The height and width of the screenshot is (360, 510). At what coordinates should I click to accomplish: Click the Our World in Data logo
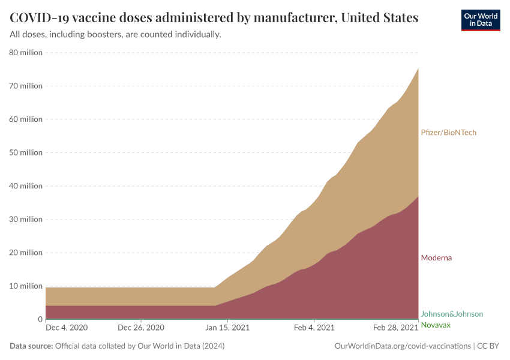pyautogui.click(x=481, y=20)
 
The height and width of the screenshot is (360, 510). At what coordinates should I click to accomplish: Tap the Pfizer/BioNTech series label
pyautogui.click(x=449, y=133)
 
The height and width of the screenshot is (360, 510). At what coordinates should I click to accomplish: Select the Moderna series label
pyautogui.click(x=436, y=257)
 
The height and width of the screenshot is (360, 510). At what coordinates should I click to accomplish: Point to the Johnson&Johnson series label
pyautogui.click(x=452, y=314)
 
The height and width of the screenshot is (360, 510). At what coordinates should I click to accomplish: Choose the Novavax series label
pyautogui.click(x=436, y=325)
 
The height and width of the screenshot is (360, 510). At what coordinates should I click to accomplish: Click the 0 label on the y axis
pyautogui.click(x=40, y=319)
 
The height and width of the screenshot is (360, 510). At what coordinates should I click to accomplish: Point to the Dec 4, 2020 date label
pyautogui.click(x=67, y=328)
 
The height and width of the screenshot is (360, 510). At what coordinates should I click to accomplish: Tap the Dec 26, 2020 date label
pyautogui.click(x=141, y=328)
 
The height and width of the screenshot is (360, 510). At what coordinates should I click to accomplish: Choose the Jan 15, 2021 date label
pyautogui.click(x=228, y=328)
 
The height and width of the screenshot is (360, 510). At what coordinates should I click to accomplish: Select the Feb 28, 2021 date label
pyautogui.click(x=395, y=328)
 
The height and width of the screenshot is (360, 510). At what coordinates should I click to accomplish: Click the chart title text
pyautogui.click(x=214, y=17)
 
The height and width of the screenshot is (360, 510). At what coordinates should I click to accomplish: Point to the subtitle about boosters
pyautogui.click(x=116, y=35)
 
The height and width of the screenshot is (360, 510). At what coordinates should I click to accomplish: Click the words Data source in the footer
pyautogui.click(x=31, y=346)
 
